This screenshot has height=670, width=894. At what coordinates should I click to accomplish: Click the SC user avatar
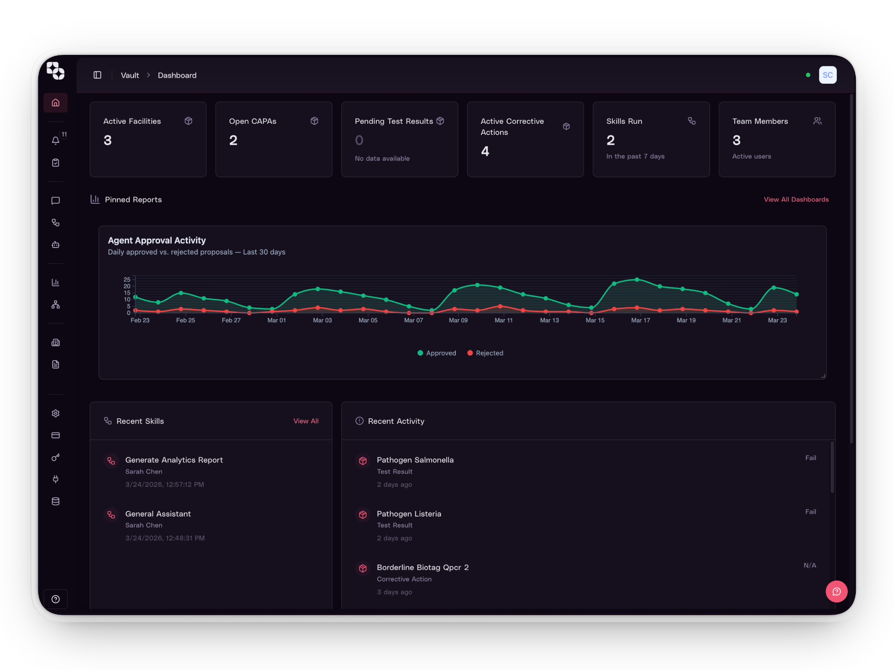click(x=827, y=75)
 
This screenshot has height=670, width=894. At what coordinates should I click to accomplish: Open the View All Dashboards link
click(x=796, y=200)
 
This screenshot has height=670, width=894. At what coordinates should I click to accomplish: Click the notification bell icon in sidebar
click(x=55, y=141)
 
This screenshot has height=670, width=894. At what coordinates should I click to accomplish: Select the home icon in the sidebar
click(x=55, y=103)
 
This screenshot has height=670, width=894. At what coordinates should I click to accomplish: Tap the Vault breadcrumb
click(x=129, y=75)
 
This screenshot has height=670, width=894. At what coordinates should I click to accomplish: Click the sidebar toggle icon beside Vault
click(x=97, y=75)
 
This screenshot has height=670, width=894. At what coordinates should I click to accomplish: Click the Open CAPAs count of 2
click(x=233, y=141)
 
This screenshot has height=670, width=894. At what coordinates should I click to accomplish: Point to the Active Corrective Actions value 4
click(x=485, y=152)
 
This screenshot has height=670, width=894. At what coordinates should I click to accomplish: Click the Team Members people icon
click(x=817, y=121)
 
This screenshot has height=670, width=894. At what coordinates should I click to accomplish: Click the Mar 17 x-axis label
click(x=640, y=321)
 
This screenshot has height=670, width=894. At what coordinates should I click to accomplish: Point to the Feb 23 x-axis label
click(x=140, y=321)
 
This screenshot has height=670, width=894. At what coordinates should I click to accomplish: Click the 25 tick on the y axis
click(x=127, y=280)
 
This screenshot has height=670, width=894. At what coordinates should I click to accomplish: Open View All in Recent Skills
click(x=306, y=421)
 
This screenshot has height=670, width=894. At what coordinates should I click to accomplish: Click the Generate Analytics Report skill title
click(x=174, y=460)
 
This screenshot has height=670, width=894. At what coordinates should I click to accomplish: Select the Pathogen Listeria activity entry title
click(x=409, y=514)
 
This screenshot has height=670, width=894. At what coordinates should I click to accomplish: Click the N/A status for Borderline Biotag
click(x=810, y=565)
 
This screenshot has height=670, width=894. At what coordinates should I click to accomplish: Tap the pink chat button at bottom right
click(x=836, y=591)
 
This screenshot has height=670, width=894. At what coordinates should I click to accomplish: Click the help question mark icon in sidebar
click(x=55, y=599)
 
